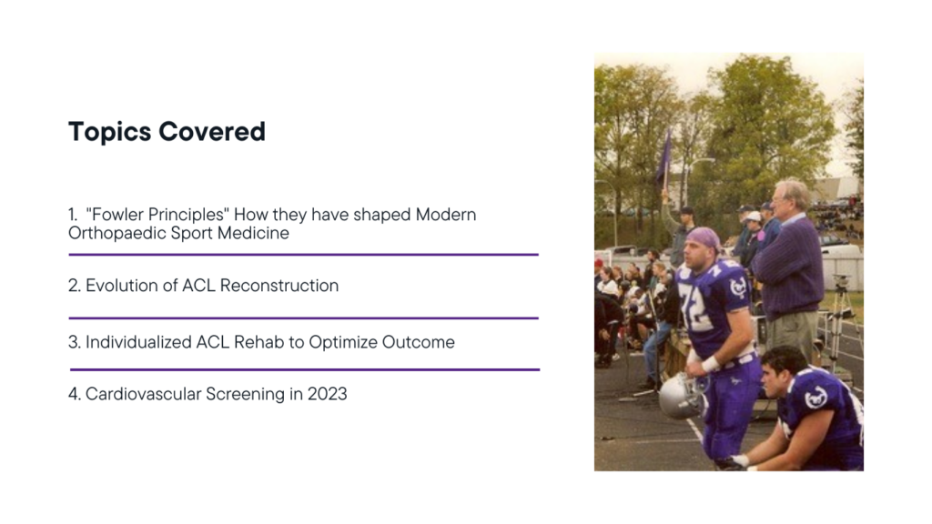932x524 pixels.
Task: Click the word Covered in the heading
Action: (x=211, y=131)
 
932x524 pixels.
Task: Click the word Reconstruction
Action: (x=279, y=285)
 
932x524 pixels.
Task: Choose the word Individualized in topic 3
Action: (x=138, y=342)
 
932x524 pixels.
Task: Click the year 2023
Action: (x=327, y=394)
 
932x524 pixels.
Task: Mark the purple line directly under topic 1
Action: (x=303, y=255)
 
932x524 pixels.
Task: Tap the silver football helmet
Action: (x=683, y=395)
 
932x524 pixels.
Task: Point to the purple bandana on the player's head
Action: (x=705, y=239)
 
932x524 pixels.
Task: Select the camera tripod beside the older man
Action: (x=841, y=321)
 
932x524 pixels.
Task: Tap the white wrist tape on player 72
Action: (x=710, y=364)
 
